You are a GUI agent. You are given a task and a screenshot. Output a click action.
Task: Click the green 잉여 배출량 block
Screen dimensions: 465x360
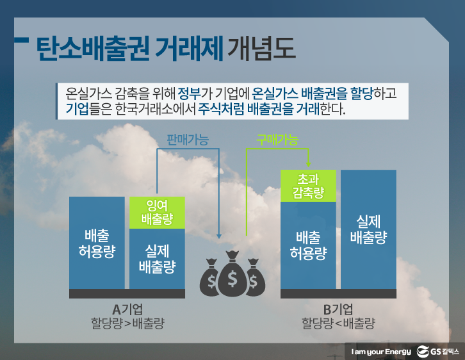157,212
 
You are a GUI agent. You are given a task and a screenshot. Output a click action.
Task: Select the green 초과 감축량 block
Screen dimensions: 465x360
308,186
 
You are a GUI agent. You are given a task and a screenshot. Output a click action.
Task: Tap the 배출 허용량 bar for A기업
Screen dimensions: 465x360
97,243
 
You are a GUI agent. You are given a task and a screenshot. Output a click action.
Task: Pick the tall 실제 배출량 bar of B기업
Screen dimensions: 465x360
369,229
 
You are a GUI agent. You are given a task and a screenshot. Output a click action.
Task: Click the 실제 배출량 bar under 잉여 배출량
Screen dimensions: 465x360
157,259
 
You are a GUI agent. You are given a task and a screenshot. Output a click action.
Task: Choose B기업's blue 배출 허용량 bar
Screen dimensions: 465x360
308,245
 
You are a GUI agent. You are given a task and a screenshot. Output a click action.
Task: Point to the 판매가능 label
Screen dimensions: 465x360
188,140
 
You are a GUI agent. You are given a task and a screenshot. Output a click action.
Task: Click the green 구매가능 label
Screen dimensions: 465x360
277,140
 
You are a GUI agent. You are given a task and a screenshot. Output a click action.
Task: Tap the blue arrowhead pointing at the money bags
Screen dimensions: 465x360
219,236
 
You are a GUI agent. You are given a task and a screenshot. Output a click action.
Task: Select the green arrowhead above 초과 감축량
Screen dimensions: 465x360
309,164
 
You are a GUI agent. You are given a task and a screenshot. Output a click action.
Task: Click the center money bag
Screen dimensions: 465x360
232,274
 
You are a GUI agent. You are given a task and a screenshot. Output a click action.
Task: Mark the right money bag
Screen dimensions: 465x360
255,277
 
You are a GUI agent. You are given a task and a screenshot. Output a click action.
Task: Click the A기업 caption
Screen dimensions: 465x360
127,309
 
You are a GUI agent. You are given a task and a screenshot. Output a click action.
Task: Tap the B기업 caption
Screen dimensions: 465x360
338,309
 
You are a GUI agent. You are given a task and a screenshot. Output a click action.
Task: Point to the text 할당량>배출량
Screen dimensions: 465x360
127,323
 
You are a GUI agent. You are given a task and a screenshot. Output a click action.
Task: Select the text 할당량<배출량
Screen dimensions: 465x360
338,323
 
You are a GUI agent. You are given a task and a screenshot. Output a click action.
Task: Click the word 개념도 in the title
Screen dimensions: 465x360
261,49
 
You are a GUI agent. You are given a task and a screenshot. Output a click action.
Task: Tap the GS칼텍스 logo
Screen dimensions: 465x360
437,352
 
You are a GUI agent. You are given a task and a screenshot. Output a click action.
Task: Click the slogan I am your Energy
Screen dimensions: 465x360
381,352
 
